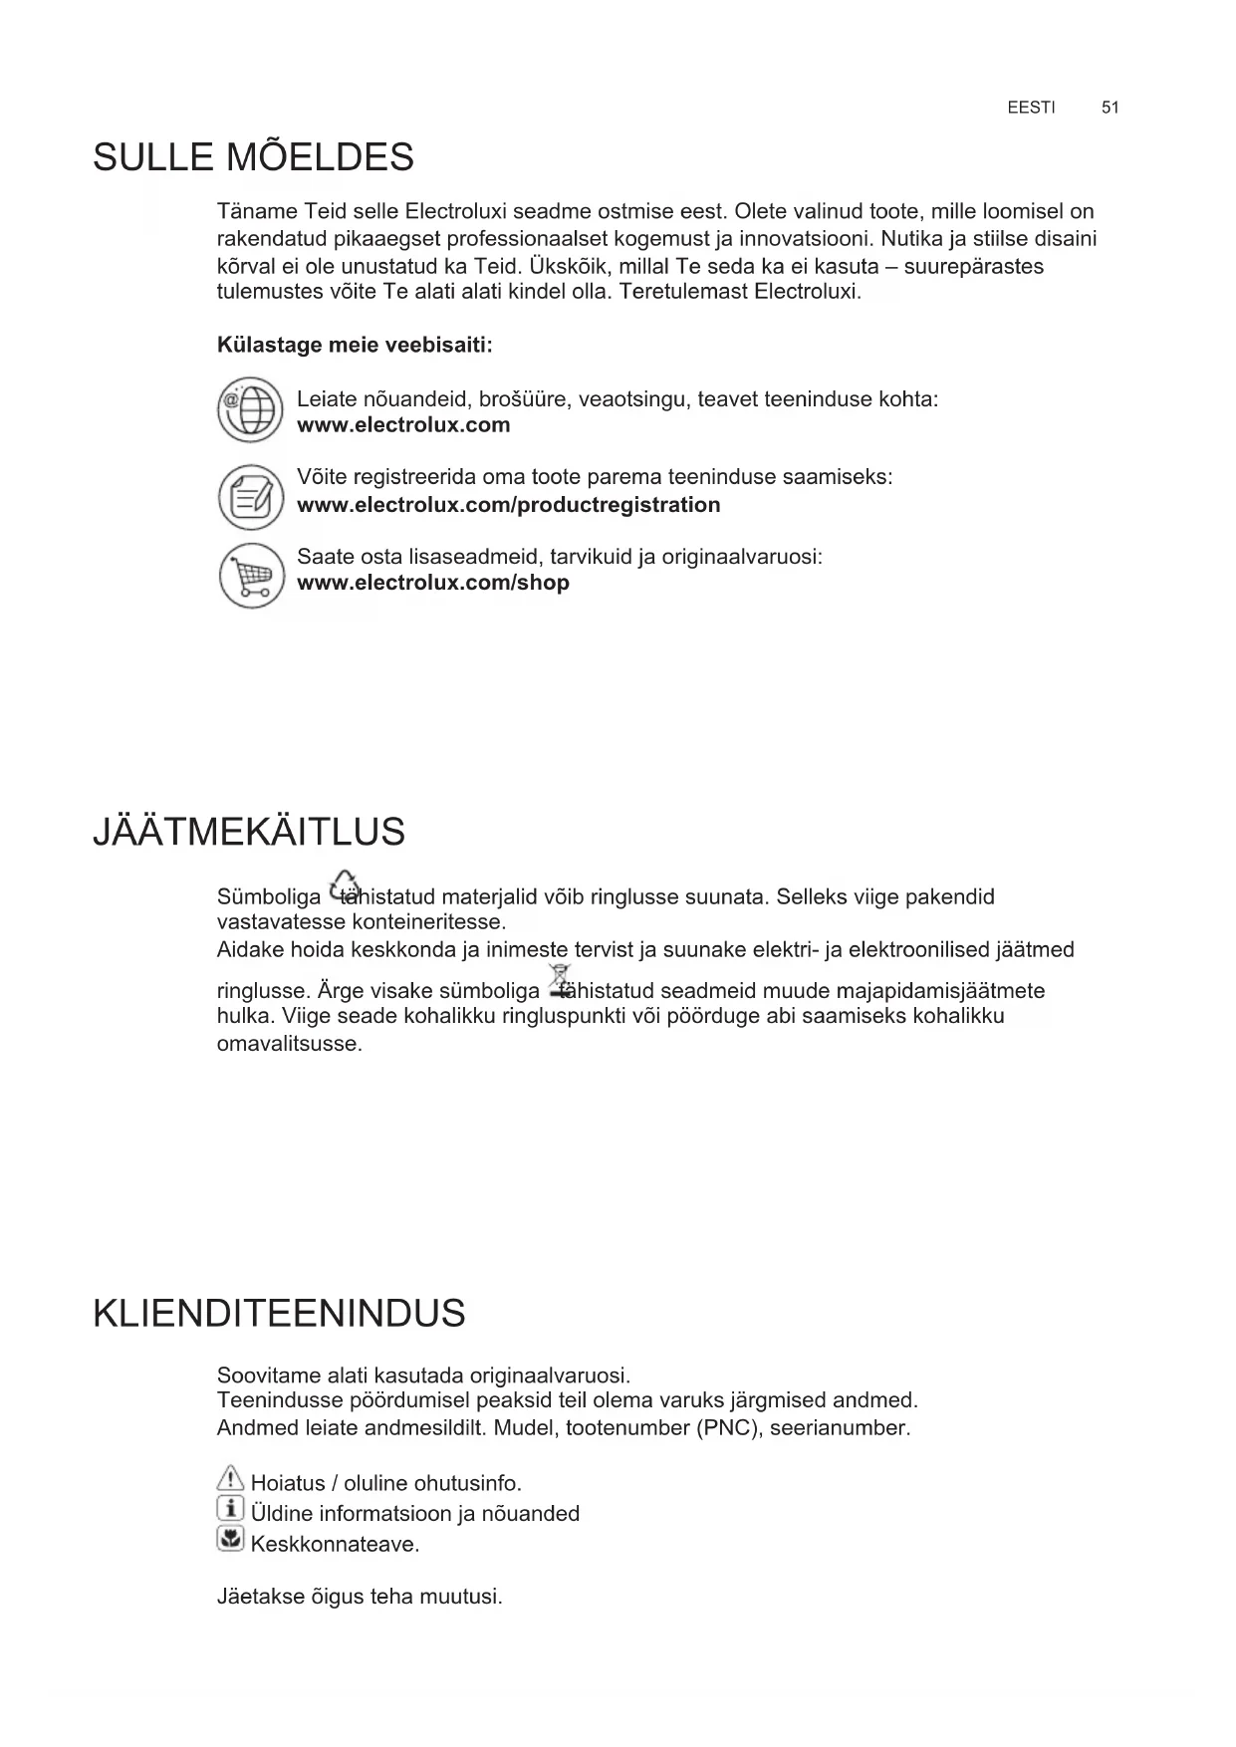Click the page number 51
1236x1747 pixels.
tap(1110, 108)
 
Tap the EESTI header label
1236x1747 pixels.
tap(1031, 108)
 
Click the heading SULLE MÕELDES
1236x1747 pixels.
tap(253, 157)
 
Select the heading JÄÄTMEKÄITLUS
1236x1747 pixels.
tap(249, 832)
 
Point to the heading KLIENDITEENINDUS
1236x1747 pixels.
tap(279, 1313)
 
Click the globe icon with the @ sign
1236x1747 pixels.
tap(251, 409)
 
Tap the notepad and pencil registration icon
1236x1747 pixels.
tap(251, 496)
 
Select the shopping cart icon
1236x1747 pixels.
tap(251, 576)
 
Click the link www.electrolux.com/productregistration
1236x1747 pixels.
tap(508, 505)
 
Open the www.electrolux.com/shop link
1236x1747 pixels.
tap(433, 583)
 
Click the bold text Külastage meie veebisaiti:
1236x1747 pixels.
tap(355, 346)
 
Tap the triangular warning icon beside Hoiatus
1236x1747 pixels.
tap(230, 1479)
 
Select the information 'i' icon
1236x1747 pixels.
tap(230, 1509)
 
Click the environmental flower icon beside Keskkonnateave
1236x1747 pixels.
tap(230, 1540)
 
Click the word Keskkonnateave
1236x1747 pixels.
tap(335, 1545)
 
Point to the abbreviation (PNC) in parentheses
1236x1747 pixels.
tap(722, 1428)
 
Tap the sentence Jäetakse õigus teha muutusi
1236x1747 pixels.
tap(360, 1597)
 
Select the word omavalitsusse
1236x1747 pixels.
tap(289, 1045)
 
